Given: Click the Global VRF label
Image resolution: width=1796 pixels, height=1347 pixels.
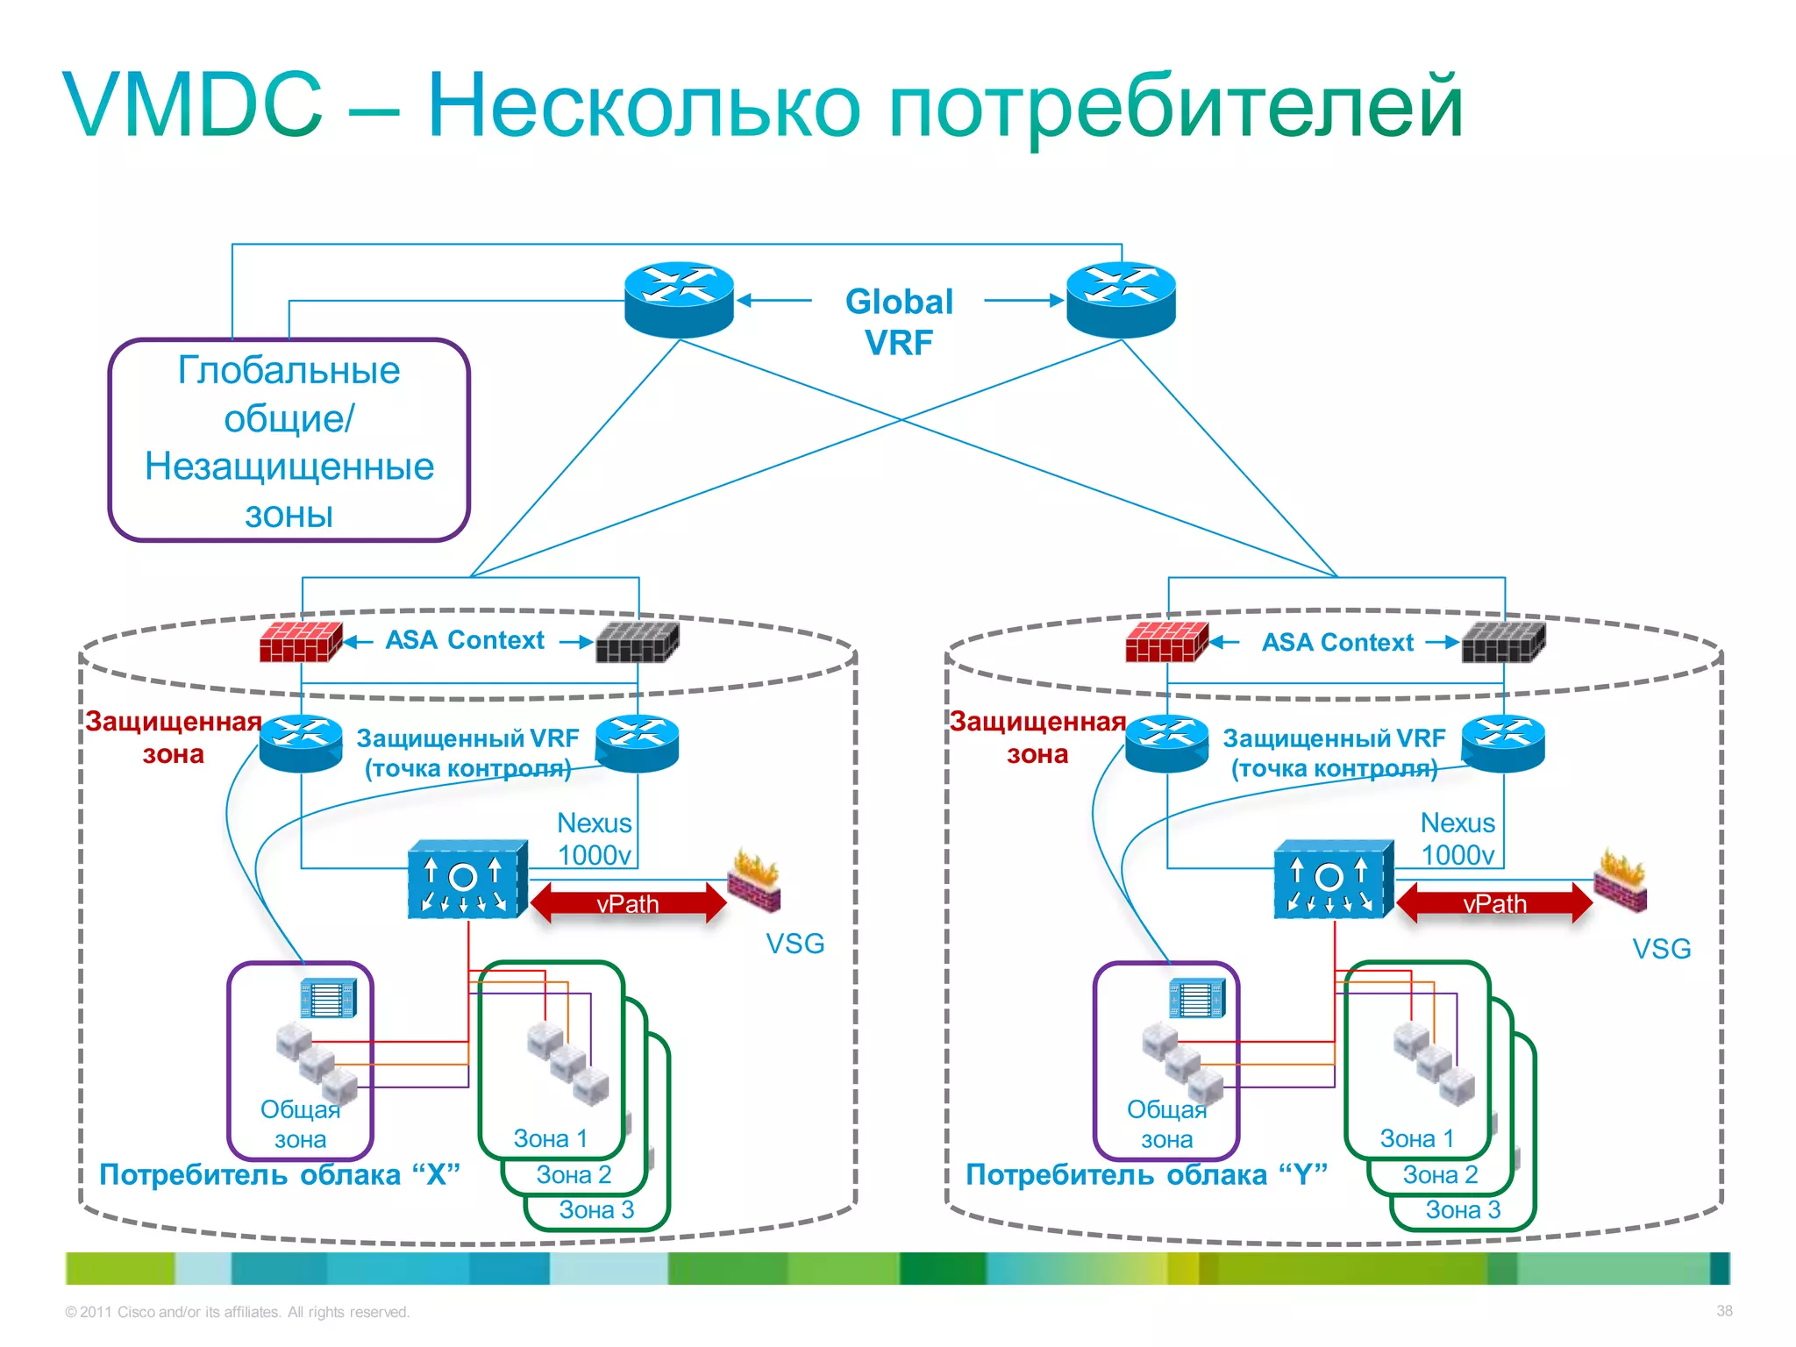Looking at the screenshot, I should tap(899, 321).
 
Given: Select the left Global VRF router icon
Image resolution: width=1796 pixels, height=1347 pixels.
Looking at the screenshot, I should tap(679, 299).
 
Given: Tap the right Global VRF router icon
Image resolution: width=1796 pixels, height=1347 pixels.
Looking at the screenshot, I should tap(1121, 299).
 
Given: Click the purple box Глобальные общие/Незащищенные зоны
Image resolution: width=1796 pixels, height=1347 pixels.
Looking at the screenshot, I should tap(289, 440).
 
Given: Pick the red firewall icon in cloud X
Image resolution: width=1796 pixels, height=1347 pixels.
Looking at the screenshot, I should tap(300, 641).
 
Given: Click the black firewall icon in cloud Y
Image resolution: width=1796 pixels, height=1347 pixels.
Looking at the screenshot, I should tap(1503, 641).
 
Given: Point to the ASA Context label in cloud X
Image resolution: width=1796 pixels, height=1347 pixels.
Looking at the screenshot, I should tap(465, 640).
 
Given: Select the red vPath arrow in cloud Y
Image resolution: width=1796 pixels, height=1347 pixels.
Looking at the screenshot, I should tap(1493, 903).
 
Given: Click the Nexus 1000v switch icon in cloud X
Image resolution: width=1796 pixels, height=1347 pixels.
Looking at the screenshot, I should tap(467, 880).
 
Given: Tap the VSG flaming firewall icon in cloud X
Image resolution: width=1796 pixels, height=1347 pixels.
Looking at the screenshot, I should tap(754, 880).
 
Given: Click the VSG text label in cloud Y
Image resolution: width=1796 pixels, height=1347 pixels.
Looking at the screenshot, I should tap(1661, 949).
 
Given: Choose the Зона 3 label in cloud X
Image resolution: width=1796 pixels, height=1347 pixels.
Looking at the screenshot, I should tap(596, 1210).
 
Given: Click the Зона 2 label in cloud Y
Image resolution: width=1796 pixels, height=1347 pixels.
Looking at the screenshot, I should tap(1440, 1174).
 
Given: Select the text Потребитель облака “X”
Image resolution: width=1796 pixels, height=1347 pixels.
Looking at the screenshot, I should tap(279, 1174).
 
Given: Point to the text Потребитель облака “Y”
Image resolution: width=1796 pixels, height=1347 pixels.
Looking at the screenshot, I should tap(1145, 1174).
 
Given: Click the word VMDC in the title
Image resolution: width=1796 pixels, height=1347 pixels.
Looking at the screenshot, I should tap(193, 105).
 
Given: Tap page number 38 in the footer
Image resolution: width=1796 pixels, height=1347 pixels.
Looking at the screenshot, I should tap(1724, 1311).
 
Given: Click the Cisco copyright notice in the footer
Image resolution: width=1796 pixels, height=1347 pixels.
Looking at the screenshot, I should tap(237, 1312).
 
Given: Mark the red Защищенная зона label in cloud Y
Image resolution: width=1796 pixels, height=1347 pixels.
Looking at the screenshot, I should tap(1037, 737).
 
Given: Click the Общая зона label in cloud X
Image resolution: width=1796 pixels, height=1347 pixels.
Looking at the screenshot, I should tap(300, 1124).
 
